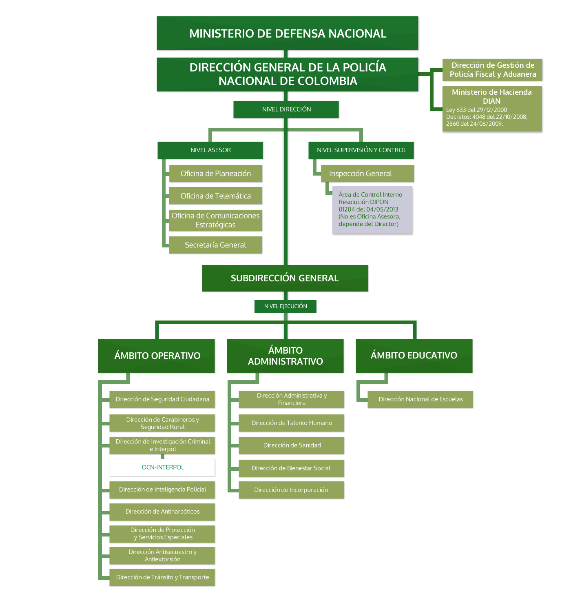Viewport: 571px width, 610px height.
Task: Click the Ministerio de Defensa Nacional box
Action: [x=288, y=33]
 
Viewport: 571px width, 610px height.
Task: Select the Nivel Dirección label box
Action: [x=286, y=109]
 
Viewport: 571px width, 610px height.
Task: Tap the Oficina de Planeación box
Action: [x=215, y=174]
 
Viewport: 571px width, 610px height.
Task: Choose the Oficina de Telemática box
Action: [x=215, y=196]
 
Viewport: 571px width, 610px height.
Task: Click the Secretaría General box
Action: [x=215, y=245]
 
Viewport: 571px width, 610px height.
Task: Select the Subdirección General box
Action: [x=285, y=278]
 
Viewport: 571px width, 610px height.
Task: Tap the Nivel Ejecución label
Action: [x=285, y=306]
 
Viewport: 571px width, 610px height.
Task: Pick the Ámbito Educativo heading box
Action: [x=414, y=355]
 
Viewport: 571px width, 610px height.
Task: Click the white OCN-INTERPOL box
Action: [x=162, y=468]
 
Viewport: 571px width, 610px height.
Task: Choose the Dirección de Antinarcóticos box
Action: [x=162, y=512]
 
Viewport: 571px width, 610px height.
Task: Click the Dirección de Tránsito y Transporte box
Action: [x=162, y=577]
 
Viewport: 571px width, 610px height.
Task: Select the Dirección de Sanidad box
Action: [x=292, y=445]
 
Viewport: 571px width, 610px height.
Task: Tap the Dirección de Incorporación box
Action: [x=292, y=490]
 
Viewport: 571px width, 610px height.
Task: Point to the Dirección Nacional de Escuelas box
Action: [x=421, y=399]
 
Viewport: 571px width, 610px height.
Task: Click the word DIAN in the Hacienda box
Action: [x=491, y=101]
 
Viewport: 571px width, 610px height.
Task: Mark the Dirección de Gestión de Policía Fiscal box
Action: [x=493, y=70]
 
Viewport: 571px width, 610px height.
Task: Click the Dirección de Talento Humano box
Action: [x=292, y=423]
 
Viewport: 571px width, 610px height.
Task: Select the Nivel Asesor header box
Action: [x=210, y=150]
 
